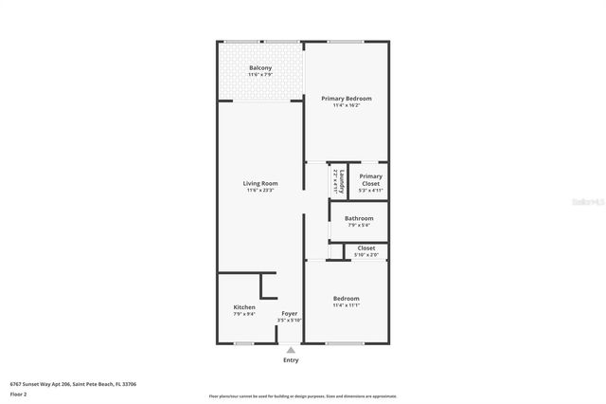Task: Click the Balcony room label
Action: click(x=260, y=67)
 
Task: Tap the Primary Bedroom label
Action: click(x=346, y=99)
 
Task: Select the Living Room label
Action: click(x=260, y=183)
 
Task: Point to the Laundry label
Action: click(x=337, y=180)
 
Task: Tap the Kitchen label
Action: click(x=244, y=307)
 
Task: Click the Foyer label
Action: click(x=289, y=313)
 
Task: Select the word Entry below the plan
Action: click(x=291, y=360)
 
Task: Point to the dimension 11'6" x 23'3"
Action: click(x=260, y=191)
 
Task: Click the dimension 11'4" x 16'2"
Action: click(x=346, y=105)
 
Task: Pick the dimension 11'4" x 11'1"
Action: click(x=346, y=306)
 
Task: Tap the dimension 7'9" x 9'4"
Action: click(x=244, y=314)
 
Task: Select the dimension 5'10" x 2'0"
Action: click(x=365, y=254)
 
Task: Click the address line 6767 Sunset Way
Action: click(x=73, y=384)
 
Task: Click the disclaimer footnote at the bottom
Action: click(x=302, y=395)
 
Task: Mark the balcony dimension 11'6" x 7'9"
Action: click(x=260, y=74)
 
